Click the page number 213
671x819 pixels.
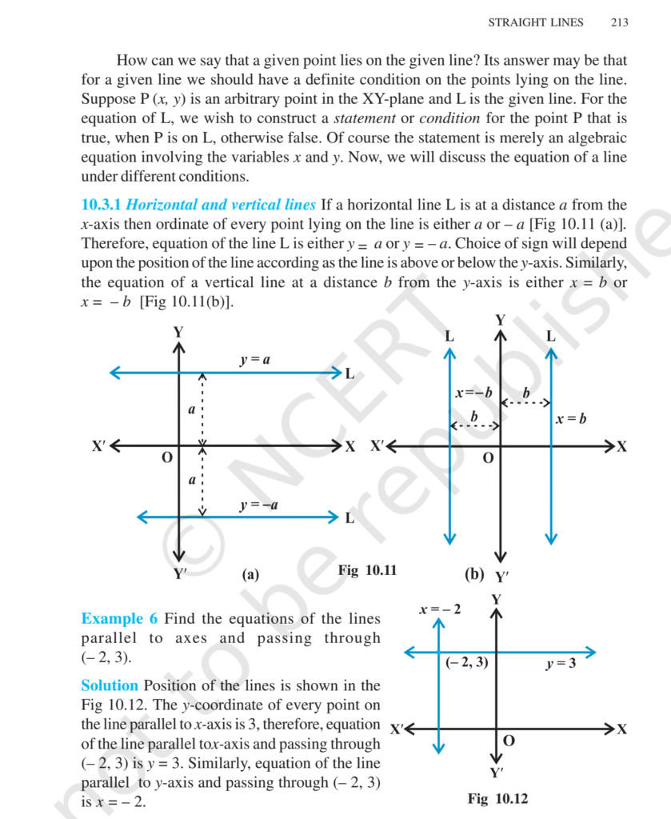[618, 22]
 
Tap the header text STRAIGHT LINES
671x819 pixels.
[536, 22]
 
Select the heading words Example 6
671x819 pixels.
[119, 618]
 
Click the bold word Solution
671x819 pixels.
[110, 685]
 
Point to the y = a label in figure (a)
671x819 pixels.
[255, 360]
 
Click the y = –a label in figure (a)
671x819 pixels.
[258, 505]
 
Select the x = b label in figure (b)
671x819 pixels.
[571, 418]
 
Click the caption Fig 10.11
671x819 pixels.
[367, 570]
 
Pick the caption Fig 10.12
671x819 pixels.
[497, 799]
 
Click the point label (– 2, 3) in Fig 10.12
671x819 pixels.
[466, 662]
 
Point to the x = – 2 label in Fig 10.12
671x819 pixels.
[440, 609]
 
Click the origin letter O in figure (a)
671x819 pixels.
[166, 458]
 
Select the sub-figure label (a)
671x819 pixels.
[250, 574]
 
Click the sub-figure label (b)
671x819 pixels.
[473, 573]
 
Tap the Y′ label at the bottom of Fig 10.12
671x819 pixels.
[497, 772]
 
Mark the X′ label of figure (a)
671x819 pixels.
[98, 445]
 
